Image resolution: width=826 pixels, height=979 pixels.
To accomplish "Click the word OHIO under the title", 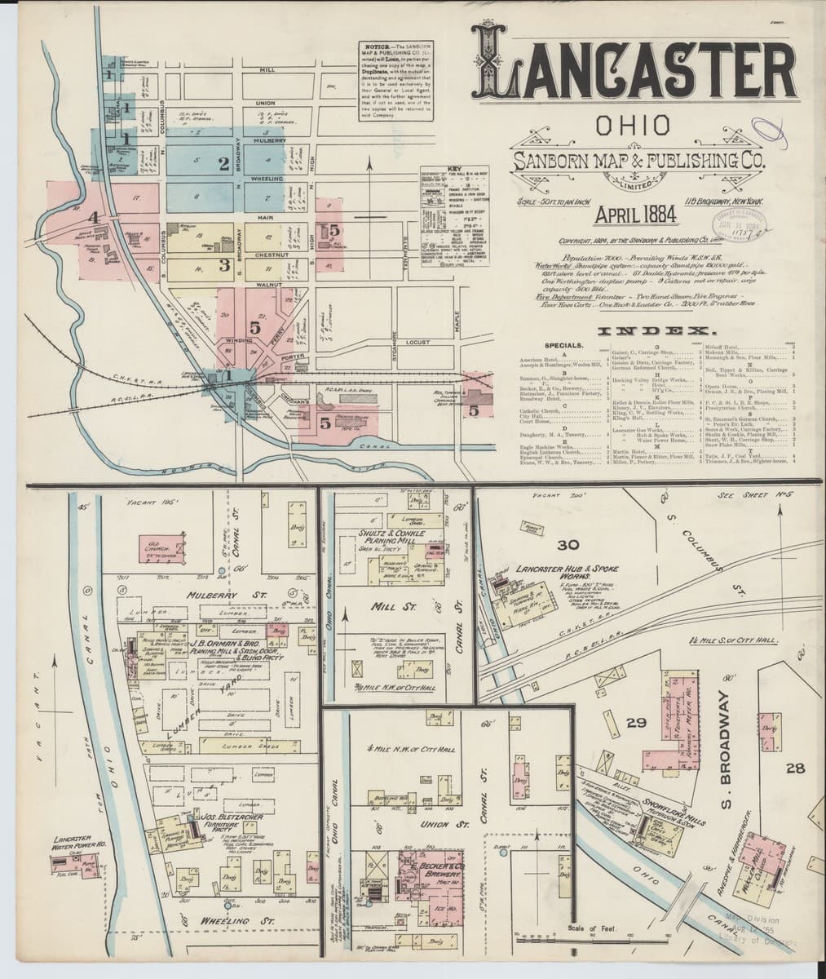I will click(x=634, y=126).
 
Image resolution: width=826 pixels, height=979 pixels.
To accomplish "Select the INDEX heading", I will click(x=656, y=331).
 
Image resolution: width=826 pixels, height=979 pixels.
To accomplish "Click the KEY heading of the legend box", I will click(x=442, y=169).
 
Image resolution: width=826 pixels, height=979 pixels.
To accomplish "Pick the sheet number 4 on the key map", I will click(x=96, y=218).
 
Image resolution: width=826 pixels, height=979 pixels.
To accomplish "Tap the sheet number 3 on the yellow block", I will click(x=222, y=264).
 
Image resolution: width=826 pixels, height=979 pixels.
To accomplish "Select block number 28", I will click(x=796, y=768).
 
